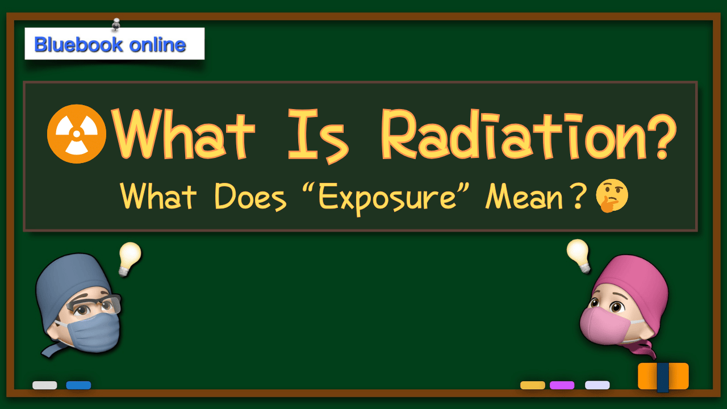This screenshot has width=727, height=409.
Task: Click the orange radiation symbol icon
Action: pyautogui.click(x=77, y=133)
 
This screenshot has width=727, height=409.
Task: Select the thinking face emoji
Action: pyautogui.click(x=612, y=196)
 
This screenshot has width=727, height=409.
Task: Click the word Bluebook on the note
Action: pyautogui.click(x=78, y=44)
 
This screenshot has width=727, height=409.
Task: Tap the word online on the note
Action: pyautogui.click(x=158, y=44)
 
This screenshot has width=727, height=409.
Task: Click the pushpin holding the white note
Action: pyautogui.click(x=116, y=24)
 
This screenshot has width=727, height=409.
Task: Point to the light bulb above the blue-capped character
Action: pyautogui.click(x=130, y=258)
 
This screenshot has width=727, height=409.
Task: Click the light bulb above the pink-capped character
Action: pyautogui.click(x=578, y=256)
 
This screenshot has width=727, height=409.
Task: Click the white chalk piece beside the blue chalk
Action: pyautogui.click(x=45, y=385)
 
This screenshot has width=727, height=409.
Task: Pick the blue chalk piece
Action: pyautogui.click(x=78, y=385)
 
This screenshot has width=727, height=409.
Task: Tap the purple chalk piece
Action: pyautogui.click(x=562, y=385)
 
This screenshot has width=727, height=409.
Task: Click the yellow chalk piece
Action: pyautogui.click(x=533, y=385)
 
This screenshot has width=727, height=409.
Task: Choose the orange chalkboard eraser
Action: pyautogui.click(x=663, y=377)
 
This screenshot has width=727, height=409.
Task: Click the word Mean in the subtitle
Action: pyautogui.click(x=524, y=197)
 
